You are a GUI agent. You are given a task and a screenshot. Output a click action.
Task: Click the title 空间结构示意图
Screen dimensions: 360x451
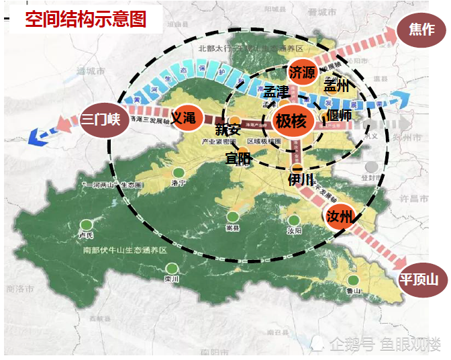(85, 19)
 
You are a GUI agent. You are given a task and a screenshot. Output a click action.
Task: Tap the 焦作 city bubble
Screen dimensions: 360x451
(421, 29)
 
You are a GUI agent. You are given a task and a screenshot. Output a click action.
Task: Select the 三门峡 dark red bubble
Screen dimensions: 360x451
(101, 120)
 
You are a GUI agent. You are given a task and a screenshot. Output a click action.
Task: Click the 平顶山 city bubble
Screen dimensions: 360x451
(419, 279)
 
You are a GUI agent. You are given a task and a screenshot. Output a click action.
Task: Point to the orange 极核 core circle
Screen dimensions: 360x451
(291, 122)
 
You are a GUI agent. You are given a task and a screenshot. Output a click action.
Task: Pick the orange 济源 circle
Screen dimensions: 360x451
(302, 73)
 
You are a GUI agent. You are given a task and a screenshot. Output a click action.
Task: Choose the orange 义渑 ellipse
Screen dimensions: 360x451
(183, 118)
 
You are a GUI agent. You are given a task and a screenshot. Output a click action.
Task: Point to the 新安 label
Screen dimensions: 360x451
(228, 130)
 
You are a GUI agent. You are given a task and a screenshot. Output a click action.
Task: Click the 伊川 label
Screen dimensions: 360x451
(301, 179)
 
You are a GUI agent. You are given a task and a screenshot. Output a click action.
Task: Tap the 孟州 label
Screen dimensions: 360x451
(337, 86)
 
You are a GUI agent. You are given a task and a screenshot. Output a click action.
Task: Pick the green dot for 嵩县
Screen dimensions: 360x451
(232, 217)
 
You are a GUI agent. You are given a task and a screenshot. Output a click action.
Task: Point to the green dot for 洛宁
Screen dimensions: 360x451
(178, 172)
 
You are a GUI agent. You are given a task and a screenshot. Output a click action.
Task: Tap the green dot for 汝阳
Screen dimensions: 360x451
(293, 220)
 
